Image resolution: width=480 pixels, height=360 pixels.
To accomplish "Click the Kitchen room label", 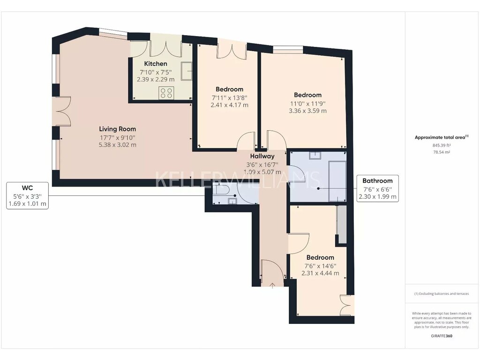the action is point(156,64).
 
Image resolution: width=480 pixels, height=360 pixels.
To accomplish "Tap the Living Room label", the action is point(117,129).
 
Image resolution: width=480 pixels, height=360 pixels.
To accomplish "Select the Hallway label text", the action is point(262,156).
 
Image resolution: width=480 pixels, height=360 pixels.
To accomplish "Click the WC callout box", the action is point(27,195).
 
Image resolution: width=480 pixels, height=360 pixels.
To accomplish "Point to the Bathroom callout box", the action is point(377,188).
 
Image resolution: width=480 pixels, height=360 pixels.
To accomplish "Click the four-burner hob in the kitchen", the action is point(166,93).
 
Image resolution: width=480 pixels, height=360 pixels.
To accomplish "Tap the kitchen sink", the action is point(186,71).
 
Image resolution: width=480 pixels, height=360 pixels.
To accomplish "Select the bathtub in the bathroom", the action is point(337,181).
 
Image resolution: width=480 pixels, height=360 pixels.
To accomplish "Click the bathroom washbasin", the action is point(315,156).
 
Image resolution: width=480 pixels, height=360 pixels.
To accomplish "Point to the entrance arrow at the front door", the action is point(272,285).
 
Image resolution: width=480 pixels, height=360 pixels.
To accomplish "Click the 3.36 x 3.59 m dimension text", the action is point(307,111).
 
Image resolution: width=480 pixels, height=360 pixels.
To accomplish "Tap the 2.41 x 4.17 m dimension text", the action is point(229,105).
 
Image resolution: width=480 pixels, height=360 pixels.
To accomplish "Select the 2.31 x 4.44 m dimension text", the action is point(320,273).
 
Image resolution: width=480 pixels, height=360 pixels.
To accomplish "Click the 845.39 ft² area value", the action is point(442,145).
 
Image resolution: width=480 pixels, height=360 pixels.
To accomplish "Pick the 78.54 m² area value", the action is point(442,152).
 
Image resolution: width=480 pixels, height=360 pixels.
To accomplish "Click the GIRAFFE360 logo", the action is point(442,336).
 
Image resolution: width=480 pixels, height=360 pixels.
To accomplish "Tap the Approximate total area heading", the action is point(442,137).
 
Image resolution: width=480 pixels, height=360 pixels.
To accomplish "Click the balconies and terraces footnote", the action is point(442,293).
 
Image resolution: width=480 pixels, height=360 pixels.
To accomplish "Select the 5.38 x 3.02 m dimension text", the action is point(117,145).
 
